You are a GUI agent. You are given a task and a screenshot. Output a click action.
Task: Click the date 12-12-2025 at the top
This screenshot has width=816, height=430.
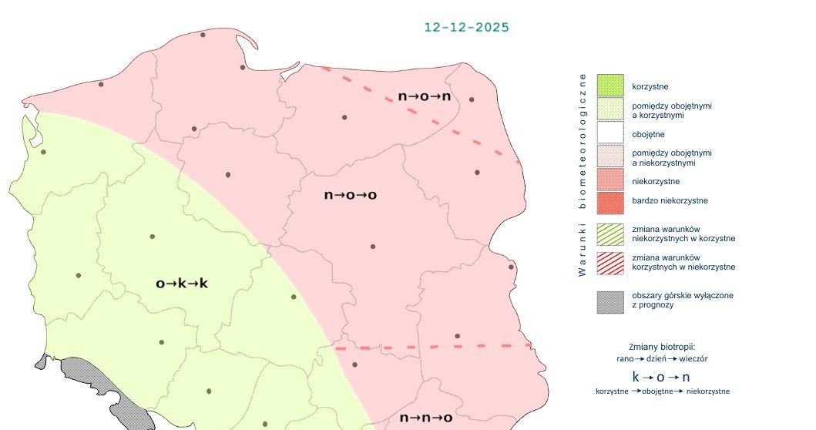(466, 27)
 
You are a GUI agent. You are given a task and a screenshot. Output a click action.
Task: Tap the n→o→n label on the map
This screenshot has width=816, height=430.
(424, 97)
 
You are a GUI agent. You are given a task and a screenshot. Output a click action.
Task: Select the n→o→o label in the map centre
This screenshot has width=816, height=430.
(350, 195)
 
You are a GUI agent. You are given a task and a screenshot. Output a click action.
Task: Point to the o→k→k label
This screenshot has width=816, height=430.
(182, 284)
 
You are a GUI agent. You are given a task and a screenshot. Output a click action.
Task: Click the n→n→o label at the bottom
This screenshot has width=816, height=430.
(425, 418)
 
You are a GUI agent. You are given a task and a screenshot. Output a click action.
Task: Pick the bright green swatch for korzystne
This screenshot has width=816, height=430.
(609, 86)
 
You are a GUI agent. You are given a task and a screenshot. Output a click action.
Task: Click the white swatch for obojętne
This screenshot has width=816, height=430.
(609, 134)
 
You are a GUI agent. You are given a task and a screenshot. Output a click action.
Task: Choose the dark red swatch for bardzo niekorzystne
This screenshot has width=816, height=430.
(609, 202)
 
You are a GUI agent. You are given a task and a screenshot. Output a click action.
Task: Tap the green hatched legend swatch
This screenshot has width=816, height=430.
(609, 233)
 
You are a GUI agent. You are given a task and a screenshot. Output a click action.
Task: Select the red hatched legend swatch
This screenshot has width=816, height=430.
(609, 262)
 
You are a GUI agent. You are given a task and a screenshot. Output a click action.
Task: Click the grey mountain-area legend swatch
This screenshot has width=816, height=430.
(609, 301)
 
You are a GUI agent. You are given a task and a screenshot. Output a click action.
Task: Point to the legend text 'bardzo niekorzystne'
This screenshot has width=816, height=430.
(670, 201)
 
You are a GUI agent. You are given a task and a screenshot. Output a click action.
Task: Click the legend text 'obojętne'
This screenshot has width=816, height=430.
(649, 135)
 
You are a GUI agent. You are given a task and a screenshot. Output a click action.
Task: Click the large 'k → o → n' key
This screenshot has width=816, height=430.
(661, 377)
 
